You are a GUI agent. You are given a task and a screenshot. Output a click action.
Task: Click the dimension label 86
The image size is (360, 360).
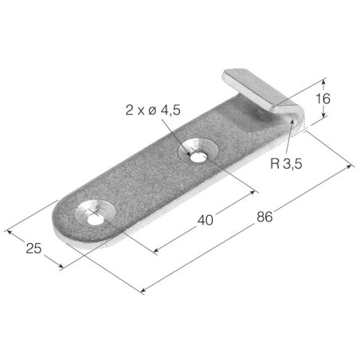point(264,217)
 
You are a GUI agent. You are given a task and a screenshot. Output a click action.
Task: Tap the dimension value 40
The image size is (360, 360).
point(205,220)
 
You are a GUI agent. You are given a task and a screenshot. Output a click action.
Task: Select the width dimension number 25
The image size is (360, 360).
point(33,248)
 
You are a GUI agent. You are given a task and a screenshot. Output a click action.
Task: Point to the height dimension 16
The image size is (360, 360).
point(323,99)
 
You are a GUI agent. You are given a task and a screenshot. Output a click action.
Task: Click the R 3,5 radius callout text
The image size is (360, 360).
point(286,163)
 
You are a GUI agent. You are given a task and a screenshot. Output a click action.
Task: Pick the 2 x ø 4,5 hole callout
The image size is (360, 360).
point(153,110)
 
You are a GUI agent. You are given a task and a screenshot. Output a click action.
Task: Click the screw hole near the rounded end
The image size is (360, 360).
point(96,220)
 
